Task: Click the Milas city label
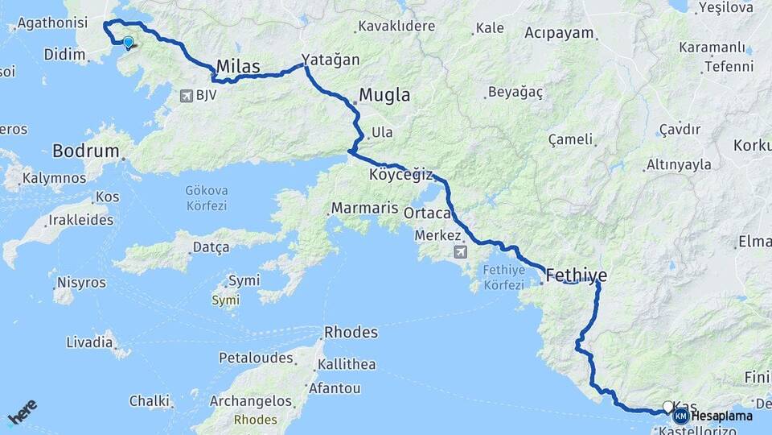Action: click(x=238, y=66)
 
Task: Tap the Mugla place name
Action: click(x=384, y=94)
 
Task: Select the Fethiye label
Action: click(x=576, y=276)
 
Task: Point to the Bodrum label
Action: click(x=85, y=151)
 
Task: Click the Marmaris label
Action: click(x=364, y=208)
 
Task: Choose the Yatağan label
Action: click(x=331, y=60)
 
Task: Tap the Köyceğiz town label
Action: click(x=400, y=175)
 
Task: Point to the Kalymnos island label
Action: click(x=54, y=177)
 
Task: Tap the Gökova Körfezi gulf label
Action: click(x=207, y=198)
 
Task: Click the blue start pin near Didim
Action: click(x=128, y=42)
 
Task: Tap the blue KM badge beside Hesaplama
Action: click(x=681, y=416)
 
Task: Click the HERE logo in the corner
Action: click(x=23, y=412)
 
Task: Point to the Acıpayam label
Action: click(x=559, y=33)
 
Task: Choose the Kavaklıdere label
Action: click(x=396, y=26)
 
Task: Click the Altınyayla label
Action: click(x=680, y=164)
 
